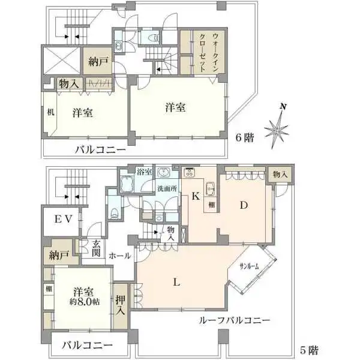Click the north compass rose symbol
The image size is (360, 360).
(277, 127)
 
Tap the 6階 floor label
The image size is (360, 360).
(245, 137)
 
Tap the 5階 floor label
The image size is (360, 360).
(310, 348)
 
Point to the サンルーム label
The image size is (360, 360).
(249, 266)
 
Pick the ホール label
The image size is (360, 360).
(120, 256)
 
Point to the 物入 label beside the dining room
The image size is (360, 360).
(280, 174)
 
